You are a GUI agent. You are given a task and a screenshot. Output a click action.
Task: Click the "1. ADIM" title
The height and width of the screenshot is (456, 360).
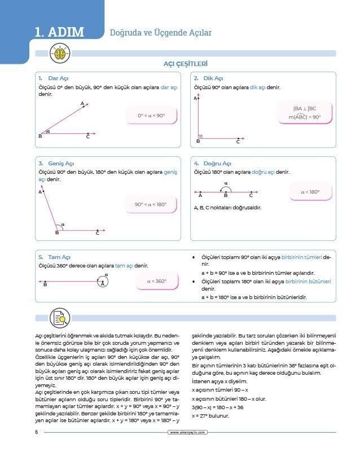[59, 32]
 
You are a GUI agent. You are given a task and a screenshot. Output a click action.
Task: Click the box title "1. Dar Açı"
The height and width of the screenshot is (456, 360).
[54, 78]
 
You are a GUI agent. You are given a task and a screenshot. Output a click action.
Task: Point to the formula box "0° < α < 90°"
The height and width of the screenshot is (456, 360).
[151, 116]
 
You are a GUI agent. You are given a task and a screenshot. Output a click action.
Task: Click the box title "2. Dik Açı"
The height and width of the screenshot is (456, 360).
[209, 78]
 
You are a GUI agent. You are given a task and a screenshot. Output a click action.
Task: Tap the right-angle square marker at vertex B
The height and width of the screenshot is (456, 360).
[200, 137]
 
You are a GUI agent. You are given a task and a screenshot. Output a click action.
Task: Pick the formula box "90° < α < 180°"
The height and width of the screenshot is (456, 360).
[151, 204]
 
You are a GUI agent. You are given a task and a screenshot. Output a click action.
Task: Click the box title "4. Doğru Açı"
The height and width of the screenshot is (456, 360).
[213, 163]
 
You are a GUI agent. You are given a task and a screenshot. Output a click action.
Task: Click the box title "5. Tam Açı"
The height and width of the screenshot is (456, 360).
[55, 256]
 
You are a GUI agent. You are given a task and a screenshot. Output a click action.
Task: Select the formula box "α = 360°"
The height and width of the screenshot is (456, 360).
[157, 280]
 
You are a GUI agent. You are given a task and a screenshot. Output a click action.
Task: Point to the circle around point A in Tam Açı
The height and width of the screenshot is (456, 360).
[102, 280]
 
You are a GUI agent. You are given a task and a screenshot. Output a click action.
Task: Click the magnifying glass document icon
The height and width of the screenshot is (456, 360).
[59, 318]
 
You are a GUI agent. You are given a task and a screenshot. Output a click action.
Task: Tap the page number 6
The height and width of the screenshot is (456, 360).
[36, 432]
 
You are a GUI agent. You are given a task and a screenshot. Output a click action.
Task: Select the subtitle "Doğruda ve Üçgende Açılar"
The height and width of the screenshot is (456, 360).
[161, 33]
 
